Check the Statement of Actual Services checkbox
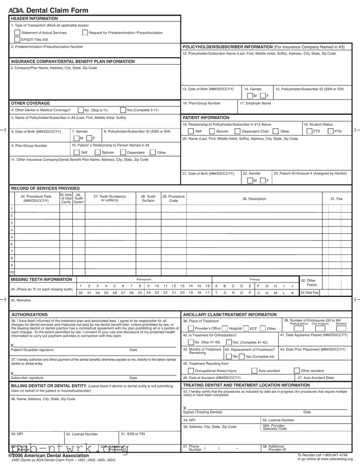point(17,33)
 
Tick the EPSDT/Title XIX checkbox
point(17,40)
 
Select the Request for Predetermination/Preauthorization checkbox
point(84,33)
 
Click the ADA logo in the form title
point(16,11)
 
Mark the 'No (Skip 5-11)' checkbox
point(80,110)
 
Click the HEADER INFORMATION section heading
point(34,19)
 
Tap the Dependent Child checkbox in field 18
point(237,132)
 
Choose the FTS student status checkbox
point(309,132)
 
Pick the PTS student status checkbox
point(331,132)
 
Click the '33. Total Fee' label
point(309,293)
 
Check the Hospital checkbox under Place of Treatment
point(225,329)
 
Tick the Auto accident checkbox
point(254,371)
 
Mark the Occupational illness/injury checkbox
point(192,371)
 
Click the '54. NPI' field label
point(189,420)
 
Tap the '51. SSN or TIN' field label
point(130,434)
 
